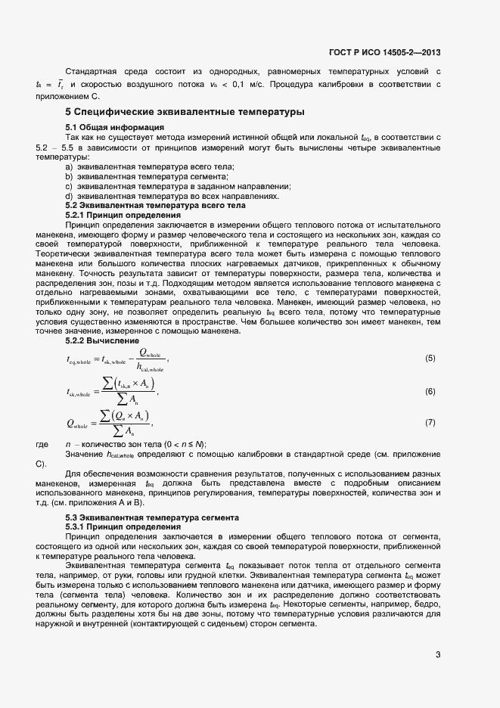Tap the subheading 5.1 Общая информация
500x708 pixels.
pos(115,127)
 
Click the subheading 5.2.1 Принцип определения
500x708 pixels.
pos(123,215)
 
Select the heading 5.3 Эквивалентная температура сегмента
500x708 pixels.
pos(152,517)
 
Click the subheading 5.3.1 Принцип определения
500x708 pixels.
pos(123,526)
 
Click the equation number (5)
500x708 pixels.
pos(430,357)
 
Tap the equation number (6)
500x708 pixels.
pos(430,391)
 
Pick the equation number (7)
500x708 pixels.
pos(430,423)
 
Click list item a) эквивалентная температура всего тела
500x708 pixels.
pos(150,166)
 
